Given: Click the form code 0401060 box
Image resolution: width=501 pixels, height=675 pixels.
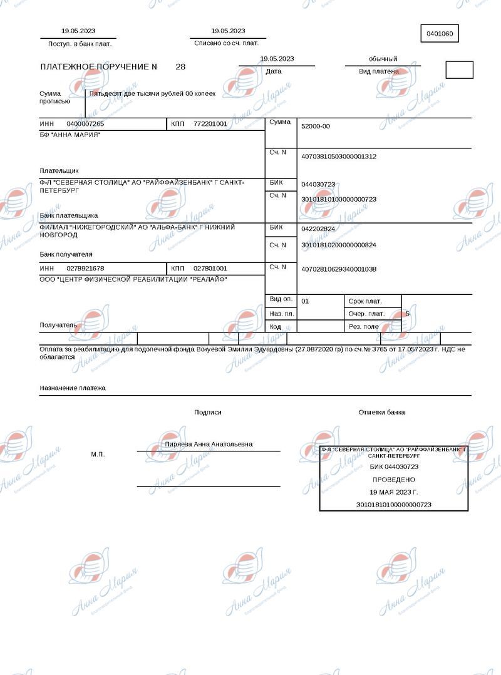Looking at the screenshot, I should (x=440, y=34).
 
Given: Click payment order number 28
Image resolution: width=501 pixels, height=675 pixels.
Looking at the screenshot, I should (x=180, y=66).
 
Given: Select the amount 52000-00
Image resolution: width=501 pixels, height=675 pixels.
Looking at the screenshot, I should (x=316, y=126).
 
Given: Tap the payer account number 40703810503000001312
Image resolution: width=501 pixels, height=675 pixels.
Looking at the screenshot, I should (x=339, y=157).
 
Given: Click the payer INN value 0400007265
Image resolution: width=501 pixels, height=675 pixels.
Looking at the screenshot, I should (x=85, y=124).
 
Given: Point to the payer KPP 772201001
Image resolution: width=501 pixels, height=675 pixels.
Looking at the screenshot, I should (x=210, y=124).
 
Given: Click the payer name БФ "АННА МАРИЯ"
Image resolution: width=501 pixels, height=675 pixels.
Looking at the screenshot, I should (x=70, y=135).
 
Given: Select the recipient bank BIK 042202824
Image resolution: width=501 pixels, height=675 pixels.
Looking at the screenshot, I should (x=318, y=229).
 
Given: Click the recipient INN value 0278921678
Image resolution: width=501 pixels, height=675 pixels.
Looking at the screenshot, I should (x=85, y=268).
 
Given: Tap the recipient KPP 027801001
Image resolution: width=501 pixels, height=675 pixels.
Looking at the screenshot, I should (x=210, y=268).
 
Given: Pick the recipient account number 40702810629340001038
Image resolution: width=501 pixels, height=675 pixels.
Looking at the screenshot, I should (x=339, y=269).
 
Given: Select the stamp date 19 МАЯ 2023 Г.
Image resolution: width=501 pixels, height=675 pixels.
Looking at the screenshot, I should (x=394, y=492).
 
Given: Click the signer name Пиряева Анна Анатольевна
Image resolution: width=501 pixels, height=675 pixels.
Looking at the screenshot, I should (x=209, y=444).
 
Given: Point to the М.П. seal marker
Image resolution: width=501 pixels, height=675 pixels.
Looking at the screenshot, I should (x=98, y=454).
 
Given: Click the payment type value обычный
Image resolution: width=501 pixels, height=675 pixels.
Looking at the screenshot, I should (x=383, y=59).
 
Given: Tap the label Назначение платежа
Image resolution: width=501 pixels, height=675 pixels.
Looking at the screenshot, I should (x=73, y=388).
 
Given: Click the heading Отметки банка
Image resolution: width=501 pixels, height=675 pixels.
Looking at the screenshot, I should (x=381, y=412).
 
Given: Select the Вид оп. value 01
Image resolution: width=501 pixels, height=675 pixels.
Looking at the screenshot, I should (x=305, y=301).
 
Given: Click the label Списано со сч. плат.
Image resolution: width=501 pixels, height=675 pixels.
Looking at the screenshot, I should (x=226, y=43).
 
